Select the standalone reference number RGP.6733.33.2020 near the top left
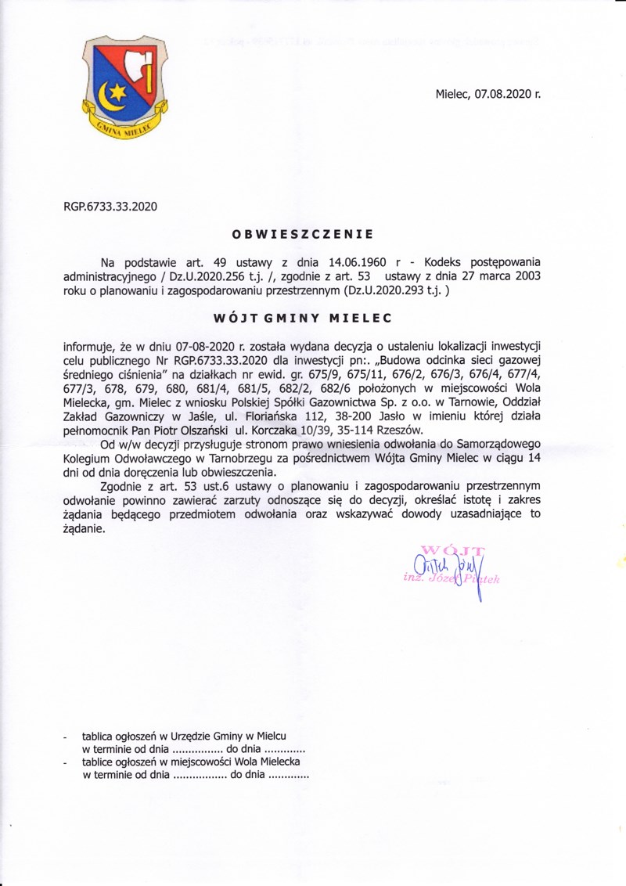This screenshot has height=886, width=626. tap(110, 207)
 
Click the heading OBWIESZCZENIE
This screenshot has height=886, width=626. tap(302, 233)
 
